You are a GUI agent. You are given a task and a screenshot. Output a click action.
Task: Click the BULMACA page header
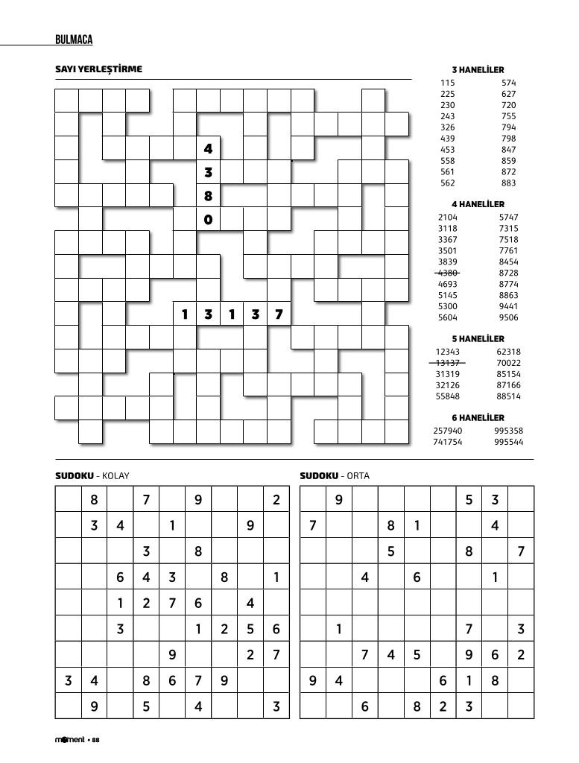(x=74, y=39)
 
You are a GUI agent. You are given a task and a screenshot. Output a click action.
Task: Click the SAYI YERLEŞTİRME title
(x=98, y=69)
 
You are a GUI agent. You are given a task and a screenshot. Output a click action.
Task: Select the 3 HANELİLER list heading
(x=478, y=70)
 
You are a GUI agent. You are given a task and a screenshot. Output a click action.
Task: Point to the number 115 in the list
(x=447, y=83)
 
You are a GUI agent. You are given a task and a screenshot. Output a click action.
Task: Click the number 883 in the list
(x=509, y=183)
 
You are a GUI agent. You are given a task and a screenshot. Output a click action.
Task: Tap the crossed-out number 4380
(x=447, y=273)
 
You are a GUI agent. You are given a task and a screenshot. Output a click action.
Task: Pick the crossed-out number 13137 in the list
(x=447, y=363)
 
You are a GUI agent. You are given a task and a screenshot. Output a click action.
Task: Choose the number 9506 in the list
(x=509, y=318)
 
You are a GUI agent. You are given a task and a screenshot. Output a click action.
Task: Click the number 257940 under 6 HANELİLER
(x=447, y=431)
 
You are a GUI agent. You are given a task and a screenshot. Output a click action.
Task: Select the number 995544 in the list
(x=509, y=442)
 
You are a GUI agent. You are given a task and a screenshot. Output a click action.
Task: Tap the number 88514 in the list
(x=509, y=396)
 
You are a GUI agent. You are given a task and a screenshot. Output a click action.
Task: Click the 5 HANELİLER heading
(x=478, y=339)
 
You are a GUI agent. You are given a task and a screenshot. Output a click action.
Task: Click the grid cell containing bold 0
(x=209, y=220)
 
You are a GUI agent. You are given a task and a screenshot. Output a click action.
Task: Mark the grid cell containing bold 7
(x=279, y=314)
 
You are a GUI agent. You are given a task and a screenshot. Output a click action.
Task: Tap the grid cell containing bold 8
(x=209, y=197)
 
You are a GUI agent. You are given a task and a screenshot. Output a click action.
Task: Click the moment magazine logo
(x=70, y=740)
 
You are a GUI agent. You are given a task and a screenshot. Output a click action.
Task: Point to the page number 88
(x=96, y=740)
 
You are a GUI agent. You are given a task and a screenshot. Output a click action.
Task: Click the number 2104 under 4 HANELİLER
(x=447, y=218)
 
